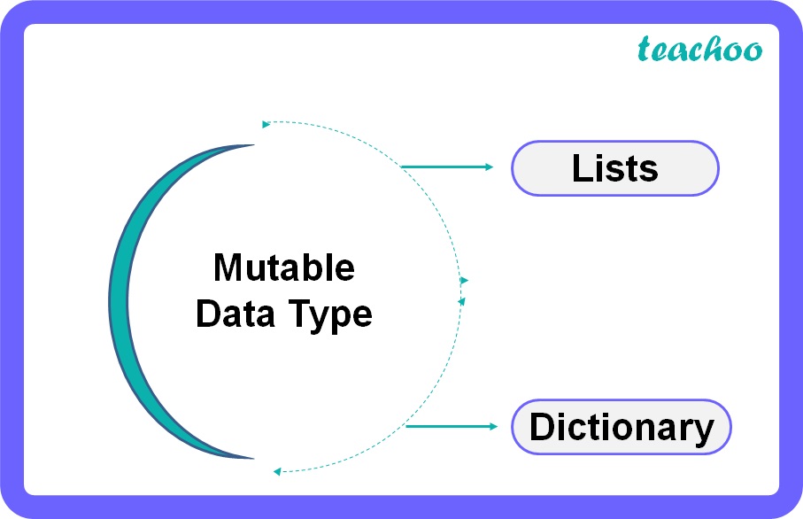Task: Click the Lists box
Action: (615, 168)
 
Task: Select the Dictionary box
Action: (622, 427)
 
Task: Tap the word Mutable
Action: (283, 267)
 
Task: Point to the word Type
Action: (327, 315)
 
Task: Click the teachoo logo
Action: (699, 50)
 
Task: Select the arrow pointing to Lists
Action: (447, 167)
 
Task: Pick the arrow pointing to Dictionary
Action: (452, 427)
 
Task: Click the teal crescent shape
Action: (133, 301)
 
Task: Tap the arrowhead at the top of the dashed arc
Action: (266, 124)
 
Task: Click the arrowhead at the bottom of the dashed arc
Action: (277, 471)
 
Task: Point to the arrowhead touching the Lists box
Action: (490, 167)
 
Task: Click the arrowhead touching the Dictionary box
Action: (494, 427)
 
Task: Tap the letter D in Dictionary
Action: (541, 427)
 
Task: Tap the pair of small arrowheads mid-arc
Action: (463, 290)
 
